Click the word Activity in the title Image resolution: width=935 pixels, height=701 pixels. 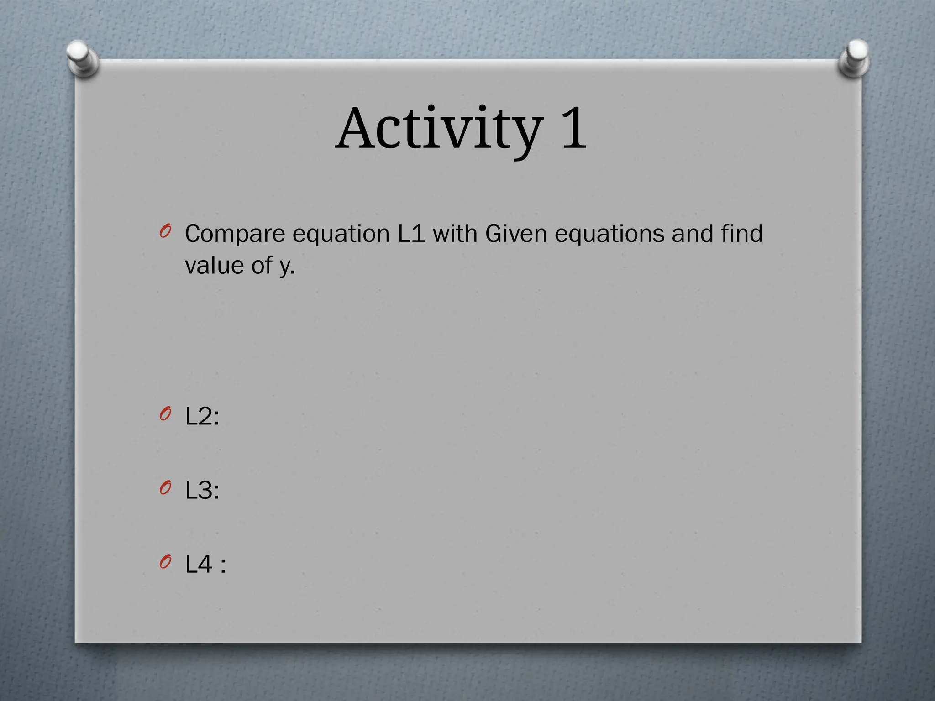[440, 129]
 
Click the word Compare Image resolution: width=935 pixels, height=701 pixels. [235, 235]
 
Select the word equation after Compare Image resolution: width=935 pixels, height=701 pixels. [341, 235]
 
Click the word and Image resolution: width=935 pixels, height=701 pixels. [692, 234]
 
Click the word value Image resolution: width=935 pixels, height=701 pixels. [214, 265]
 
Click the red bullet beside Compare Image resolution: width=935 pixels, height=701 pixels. [165, 231]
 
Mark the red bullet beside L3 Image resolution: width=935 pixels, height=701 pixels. [165, 488]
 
